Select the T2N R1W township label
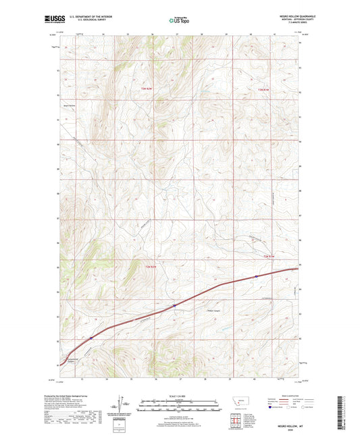(269, 256)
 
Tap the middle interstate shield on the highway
(174, 305)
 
